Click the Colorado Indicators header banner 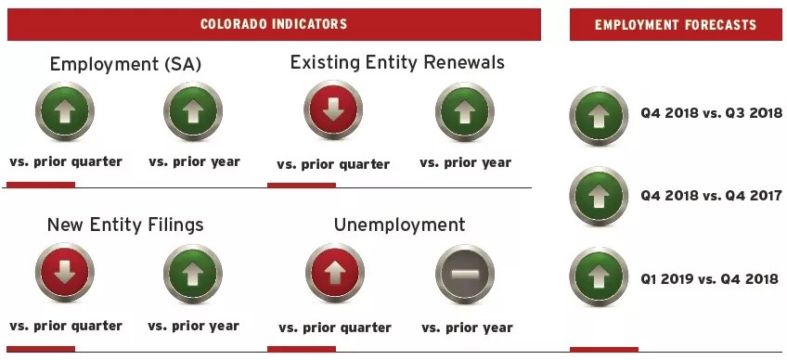coord(274,24)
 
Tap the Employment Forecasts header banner coord(676,25)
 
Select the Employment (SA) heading coord(125,65)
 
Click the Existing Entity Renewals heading coord(397,62)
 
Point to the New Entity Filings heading coord(125,225)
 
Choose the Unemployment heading coord(399,225)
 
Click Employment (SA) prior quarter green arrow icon coord(65,111)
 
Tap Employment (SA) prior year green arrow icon coord(193,111)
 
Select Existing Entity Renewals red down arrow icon coord(333,110)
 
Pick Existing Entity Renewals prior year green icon coord(465,111)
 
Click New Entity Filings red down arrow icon coord(65,273)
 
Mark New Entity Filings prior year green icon coord(193,274)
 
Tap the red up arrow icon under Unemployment coord(335,273)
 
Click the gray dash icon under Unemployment coord(465,274)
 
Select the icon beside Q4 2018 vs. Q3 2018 coord(599,116)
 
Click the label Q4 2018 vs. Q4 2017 coord(711,196)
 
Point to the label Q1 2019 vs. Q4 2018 coord(709,278)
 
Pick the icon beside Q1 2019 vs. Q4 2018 coord(599,276)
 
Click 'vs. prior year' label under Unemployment coord(467,328)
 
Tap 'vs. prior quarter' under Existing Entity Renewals coord(333,164)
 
